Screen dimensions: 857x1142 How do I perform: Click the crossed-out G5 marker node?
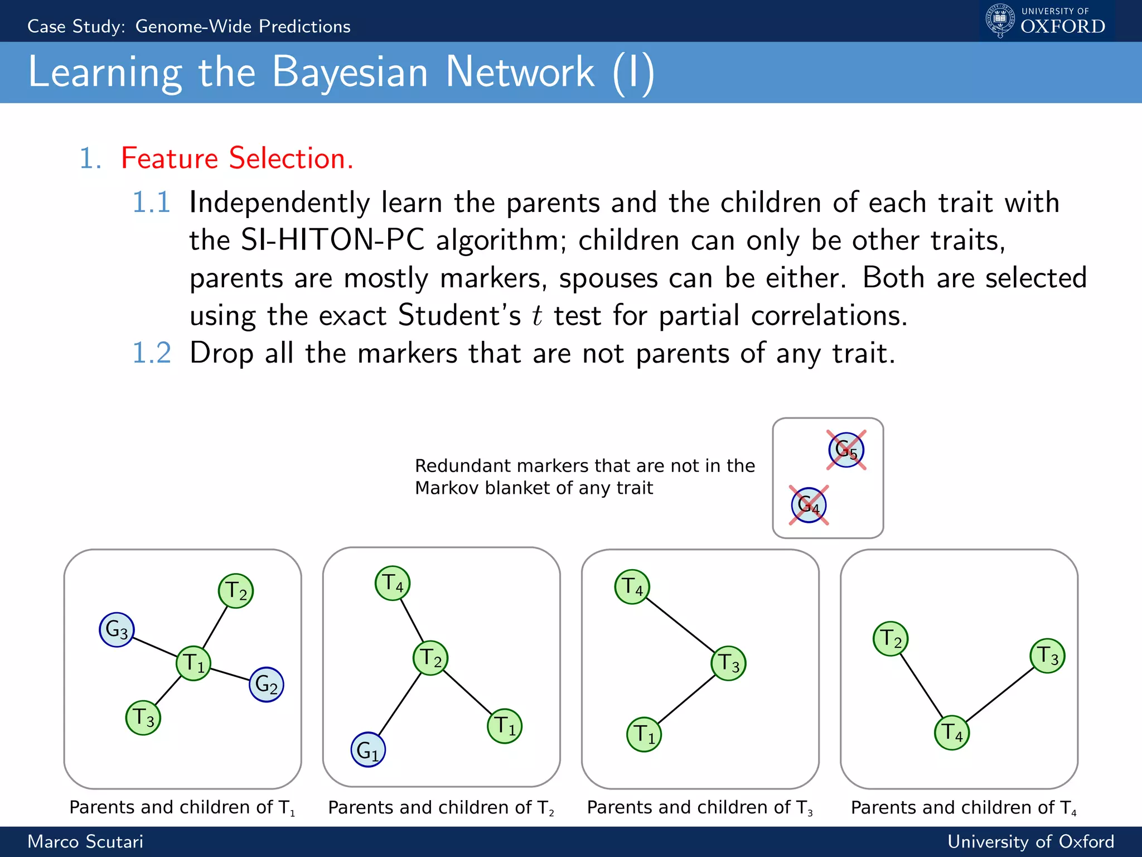pyautogui.click(x=846, y=450)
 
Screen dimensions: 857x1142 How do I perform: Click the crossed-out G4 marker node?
pyautogui.click(x=809, y=505)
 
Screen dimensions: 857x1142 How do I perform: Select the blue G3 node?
pyautogui.click(x=117, y=629)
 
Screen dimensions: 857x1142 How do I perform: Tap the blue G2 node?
pyautogui.click(x=266, y=684)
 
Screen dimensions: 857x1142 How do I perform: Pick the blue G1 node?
pyautogui.click(x=368, y=749)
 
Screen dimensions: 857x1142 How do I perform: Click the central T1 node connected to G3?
pyautogui.click(x=193, y=663)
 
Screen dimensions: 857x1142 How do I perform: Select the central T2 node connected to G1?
pyautogui.click(x=430, y=658)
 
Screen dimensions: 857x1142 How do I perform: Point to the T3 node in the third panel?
pyautogui.click(x=728, y=663)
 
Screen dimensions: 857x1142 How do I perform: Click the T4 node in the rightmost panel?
pyautogui.click(x=952, y=733)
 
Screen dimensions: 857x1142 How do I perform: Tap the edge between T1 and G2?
pyautogui.click(x=230, y=673)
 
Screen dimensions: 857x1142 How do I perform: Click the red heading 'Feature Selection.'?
pyautogui.click(x=237, y=158)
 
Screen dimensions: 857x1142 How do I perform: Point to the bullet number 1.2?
pyautogui.click(x=151, y=353)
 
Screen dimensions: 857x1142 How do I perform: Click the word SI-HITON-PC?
pyautogui.click(x=332, y=240)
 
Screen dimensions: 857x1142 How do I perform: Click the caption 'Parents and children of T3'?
pyautogui.click(x=699, y=807)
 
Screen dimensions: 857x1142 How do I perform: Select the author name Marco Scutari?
pyautogui.click(x=85, y=841)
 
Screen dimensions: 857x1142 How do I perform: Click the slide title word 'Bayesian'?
pyautogui.click(x=350, y=73)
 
